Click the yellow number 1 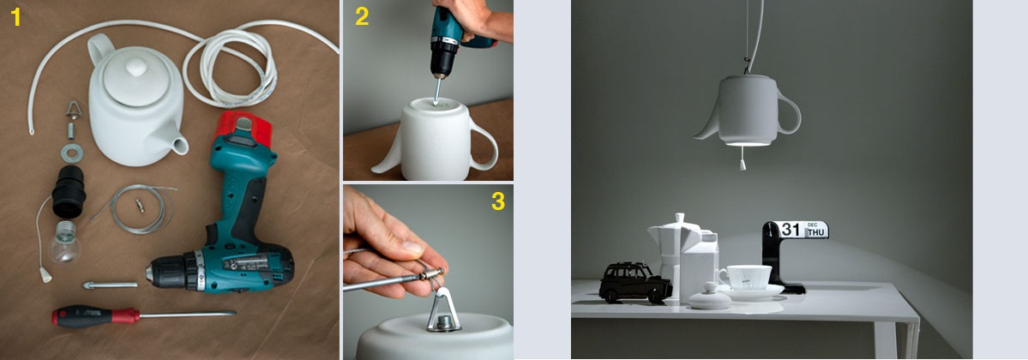pyautogui.click(x=15, y=17)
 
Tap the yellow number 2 pyautogui.click(x=362, y=16)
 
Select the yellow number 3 pyautogui.click(x=498, y=201)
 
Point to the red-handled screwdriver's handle pyautogui.click(x=96, y=317)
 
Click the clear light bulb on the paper pyautogui.click(x=64, y=242)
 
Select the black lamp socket pyautogui.click(x=69, y=190)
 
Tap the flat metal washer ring pyautogui.click(x=71, y=153)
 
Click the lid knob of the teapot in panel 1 pyautogui.click(x=136, y=66)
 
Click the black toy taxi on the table pyautogui.click(x=634, y=283)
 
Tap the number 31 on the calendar pyautogui.click(x=791, y=230)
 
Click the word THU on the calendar pyautogui.click(x=815, y=232)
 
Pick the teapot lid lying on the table pyautogui.click(x=709, y=297)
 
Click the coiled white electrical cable pyautogui.click(x=230, y=66)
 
